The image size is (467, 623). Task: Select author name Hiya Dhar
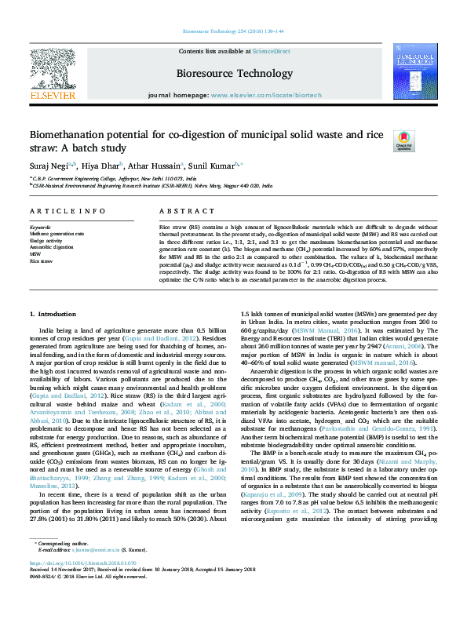(99, 166)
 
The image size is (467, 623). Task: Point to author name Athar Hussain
(154, 166)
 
